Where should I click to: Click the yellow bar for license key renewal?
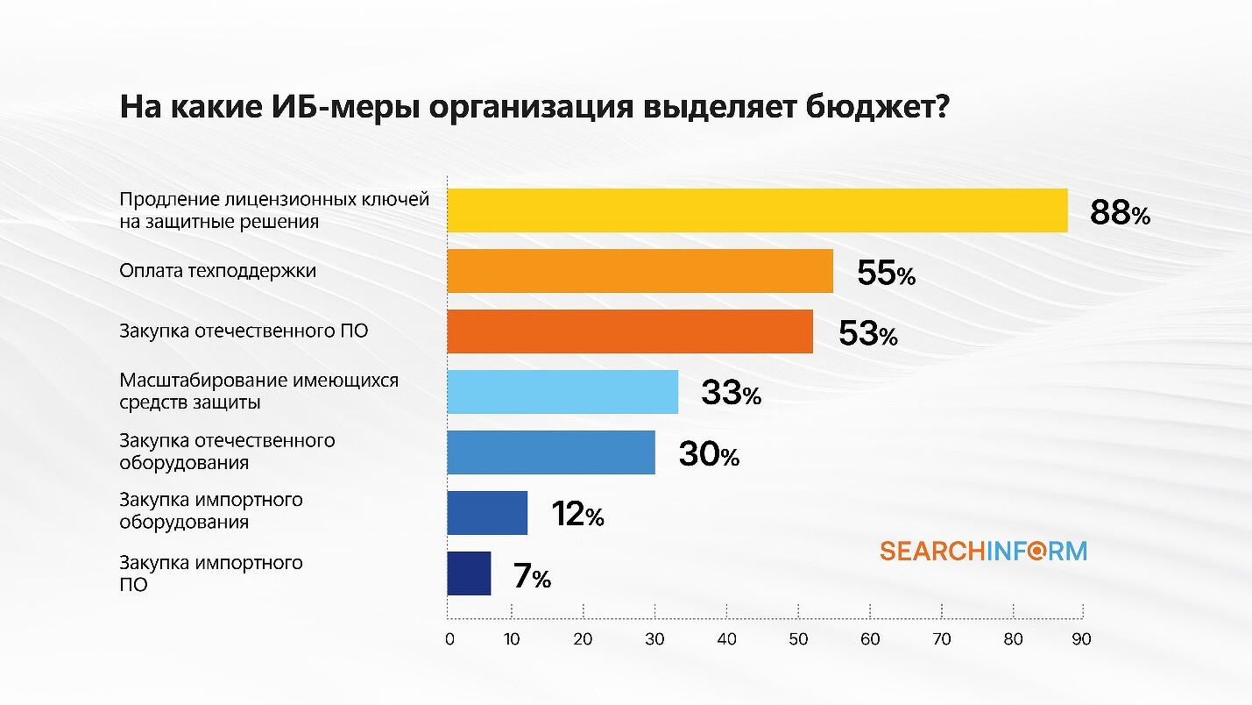coord(757,210)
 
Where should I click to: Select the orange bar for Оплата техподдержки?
coord(640,271)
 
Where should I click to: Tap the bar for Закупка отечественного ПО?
coord(630,331)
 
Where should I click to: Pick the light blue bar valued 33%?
coord(562,391)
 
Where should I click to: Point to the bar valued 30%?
coord(551,452)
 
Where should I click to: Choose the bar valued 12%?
coord(487,512)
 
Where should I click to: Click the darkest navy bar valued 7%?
coord(469,573)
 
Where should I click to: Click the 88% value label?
coord(1120,213)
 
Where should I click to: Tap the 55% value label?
coord(886,274)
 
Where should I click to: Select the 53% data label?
coord(867,334)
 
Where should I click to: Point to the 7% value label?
coord(532,577)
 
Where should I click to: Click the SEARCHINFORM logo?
coord(983,551)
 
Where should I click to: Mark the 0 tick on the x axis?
coord(449,639)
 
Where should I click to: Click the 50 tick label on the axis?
coord(798,639)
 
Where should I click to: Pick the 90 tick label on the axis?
coord(1081,639)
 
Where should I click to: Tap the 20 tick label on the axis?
coord(583,639)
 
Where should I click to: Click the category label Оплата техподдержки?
coord(217,271)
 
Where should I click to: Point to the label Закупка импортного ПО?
coord(210,573)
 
